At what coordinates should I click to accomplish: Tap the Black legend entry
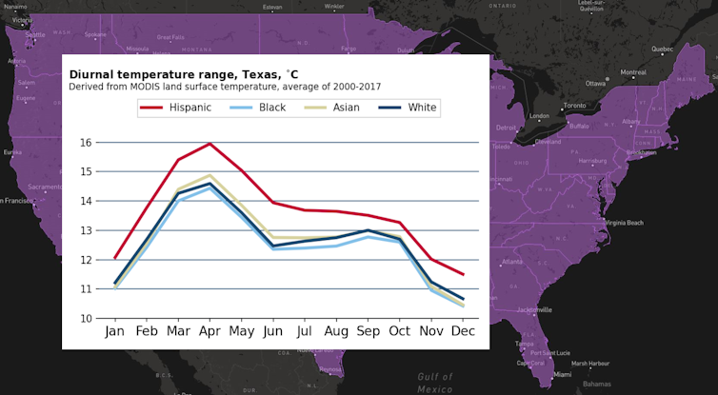tap(271, 108)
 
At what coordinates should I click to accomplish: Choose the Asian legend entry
tap(346, 108)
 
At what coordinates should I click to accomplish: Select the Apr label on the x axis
tap(209, 332)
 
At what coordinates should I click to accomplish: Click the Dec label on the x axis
tap(463, 332)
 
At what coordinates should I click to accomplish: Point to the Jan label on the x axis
tap(114, 332)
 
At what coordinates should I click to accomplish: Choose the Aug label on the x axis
tap(336, 332)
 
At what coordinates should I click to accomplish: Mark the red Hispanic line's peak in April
tap(209, 144)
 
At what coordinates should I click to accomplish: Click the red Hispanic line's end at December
tap(464, 274)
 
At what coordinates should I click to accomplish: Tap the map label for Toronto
tap(574, 106)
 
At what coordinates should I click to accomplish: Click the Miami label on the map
tap(590, 374)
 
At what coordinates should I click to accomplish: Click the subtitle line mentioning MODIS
tap(225, 87)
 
